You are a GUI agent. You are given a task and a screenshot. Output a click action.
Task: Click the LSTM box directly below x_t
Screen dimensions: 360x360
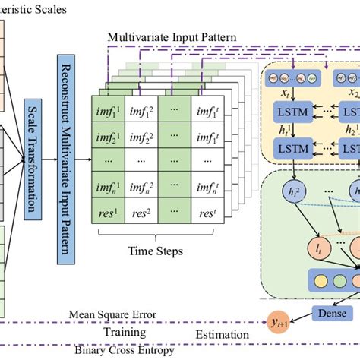[292, 112]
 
